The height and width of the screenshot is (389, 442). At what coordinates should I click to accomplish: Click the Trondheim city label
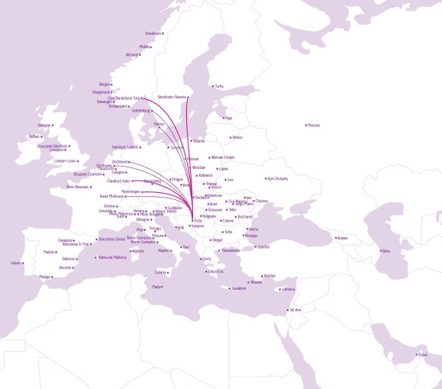(x=154, y=33)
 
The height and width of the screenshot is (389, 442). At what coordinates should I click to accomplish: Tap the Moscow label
(x=314, y=125)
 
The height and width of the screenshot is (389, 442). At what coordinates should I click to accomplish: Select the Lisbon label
(x=16, y=263)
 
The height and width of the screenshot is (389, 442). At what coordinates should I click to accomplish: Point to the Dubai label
(x=423, y=355)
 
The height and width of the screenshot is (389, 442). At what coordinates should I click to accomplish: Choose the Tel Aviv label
(x=295, y=310)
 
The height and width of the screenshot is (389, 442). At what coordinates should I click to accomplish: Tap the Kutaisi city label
(x=343, y=238)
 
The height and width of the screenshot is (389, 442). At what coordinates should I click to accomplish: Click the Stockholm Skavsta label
(x=172, y=97)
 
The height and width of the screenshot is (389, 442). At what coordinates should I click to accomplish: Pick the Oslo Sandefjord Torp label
(x=124, y=98)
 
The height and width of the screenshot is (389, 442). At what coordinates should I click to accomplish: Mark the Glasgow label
(x=44, y=125)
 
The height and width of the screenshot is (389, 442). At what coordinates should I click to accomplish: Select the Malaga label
(x=44, y=276)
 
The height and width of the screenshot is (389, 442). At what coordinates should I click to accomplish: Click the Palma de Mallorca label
(x=112, y=256)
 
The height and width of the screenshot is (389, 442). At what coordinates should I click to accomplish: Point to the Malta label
(x=157, y=287)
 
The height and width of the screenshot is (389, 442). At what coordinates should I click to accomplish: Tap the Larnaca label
(x=289, y=289)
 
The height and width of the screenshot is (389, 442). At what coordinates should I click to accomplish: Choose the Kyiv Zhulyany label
(x=277, y=178)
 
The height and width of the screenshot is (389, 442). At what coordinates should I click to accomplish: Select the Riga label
(x=229, y=118)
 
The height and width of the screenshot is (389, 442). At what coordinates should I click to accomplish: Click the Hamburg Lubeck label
(x=124, y=146)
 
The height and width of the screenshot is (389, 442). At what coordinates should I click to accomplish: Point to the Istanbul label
(x=264, y=246)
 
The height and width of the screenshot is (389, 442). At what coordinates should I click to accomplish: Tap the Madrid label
(x=49, y=252)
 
